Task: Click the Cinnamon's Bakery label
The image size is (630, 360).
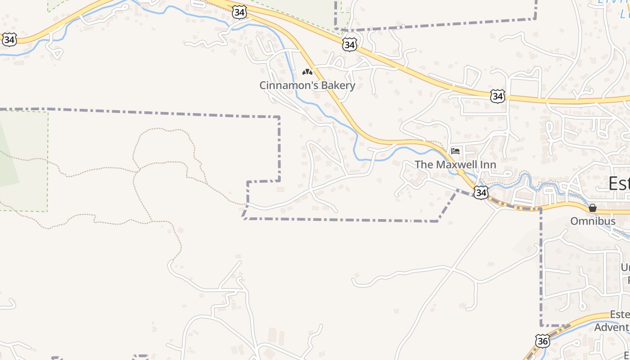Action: tap(307, 85)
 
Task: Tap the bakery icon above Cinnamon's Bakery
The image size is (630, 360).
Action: tap(307, 72)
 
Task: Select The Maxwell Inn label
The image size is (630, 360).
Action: tap(455, 164)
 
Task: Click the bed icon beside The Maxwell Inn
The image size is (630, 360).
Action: tap(455, 151)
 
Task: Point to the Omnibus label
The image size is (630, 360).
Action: tap(593, 221)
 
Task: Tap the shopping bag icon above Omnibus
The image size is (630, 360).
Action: tap(593, 208)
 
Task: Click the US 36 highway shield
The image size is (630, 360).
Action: tap(543, 341)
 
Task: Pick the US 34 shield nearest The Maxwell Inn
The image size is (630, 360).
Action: tap(481, 193)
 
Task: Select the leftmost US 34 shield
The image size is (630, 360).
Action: tap(9, 40)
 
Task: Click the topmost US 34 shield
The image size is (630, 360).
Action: tap(239, 13)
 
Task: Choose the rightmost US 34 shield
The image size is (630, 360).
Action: tap(498, 96)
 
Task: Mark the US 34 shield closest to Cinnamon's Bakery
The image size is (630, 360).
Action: tap(349, 45)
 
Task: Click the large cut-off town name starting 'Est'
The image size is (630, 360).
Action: tap(619, 183)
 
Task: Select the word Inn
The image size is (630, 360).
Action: tap(488, 164)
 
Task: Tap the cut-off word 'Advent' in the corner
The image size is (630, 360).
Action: tap(612, 327)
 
